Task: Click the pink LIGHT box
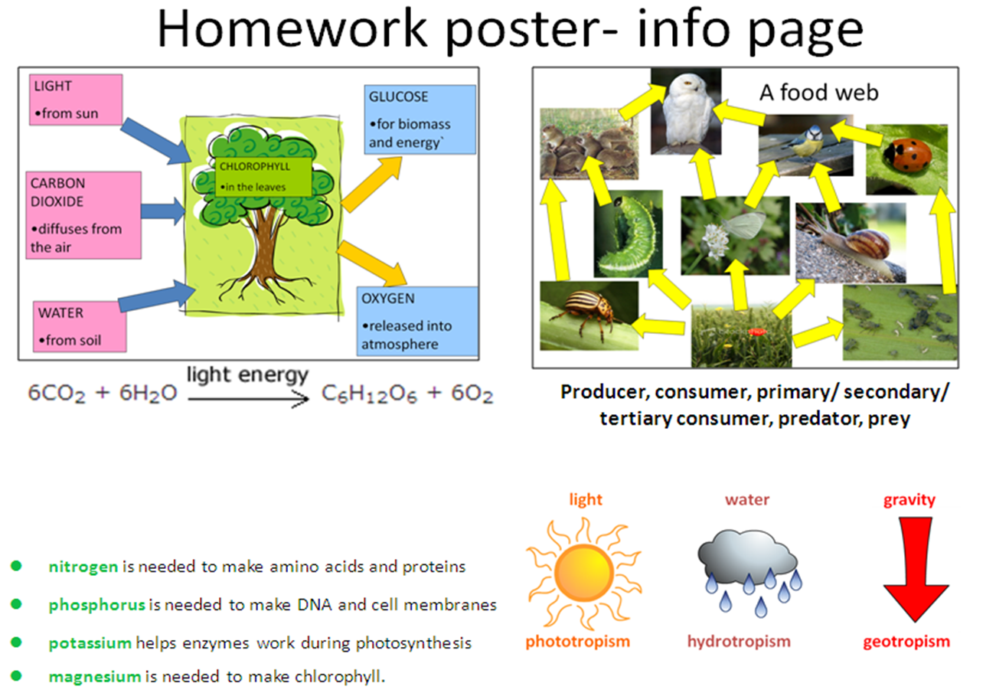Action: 76,100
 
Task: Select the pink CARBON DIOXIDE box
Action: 83,215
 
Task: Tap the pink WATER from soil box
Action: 80,326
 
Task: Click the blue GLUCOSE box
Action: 420,119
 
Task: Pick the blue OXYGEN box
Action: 417,321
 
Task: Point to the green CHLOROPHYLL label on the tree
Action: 263,177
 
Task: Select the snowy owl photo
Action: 686,111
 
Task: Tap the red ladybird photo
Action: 906,159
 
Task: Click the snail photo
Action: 851,243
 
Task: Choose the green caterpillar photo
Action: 629,234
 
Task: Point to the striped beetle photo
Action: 589,315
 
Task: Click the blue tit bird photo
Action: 805,145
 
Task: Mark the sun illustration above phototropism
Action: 584,573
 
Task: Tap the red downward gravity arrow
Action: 916,570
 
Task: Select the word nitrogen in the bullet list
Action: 83,567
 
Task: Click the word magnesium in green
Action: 95,677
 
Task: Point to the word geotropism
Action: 906,642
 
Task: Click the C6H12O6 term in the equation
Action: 369,394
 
